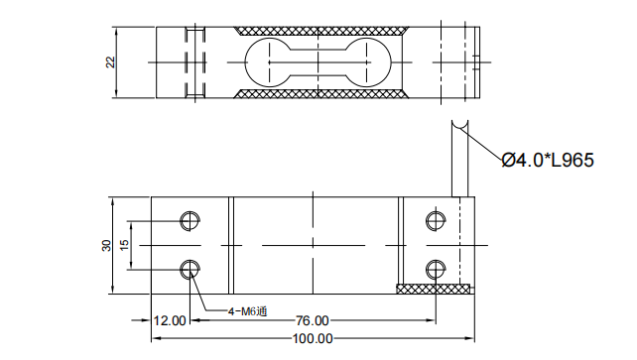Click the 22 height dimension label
[110, 62]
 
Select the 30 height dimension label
[107, 245]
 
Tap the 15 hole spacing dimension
[124, 245]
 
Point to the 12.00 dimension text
[170, 320]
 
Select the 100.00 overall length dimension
[313, 339]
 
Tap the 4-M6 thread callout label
[247, 311]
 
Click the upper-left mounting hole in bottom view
[190, 220]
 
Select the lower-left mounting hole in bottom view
[190, 269]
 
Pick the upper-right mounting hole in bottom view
[435, 220]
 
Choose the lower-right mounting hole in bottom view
[435, 269]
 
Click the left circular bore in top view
[266, 62]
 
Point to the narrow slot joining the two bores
[318, 62]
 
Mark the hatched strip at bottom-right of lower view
[434, 289]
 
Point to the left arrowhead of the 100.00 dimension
[155, 339]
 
